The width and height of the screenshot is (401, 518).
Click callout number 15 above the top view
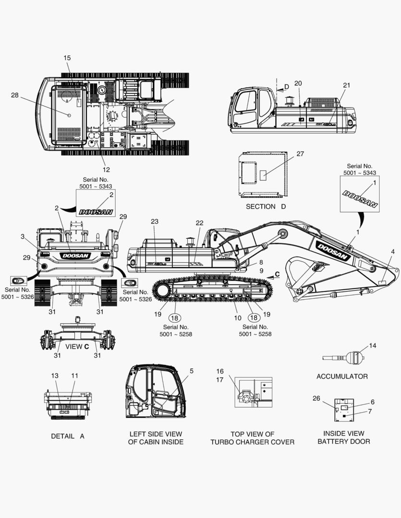coord(67,58)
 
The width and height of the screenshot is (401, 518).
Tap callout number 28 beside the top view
coord(14,95)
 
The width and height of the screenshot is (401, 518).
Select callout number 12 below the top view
coord(106,169)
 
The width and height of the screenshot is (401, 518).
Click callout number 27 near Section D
coord(300,153)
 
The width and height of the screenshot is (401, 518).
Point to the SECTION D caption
coord(266,206)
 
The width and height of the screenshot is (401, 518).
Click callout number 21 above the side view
coord(346,85)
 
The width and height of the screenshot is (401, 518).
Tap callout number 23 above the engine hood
coord(155,221)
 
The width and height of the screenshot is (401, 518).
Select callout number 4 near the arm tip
coord(393,252)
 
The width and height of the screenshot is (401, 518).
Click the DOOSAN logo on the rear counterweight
coord(75,256)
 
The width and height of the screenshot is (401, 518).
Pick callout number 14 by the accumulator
coord(373,345)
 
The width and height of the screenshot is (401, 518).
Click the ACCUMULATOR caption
coord(342,377)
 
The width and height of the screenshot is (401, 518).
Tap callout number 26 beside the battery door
coord(316,398)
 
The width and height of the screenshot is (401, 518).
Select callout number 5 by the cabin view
coord(191,371)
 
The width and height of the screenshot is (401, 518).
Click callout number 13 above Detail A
coord(55,376)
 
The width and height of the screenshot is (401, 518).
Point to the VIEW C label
coord(77,347)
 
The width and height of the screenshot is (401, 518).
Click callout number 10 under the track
coord(238,318)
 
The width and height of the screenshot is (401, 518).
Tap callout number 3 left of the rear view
coord(23,236)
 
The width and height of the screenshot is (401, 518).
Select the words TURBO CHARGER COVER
coord(253,442)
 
